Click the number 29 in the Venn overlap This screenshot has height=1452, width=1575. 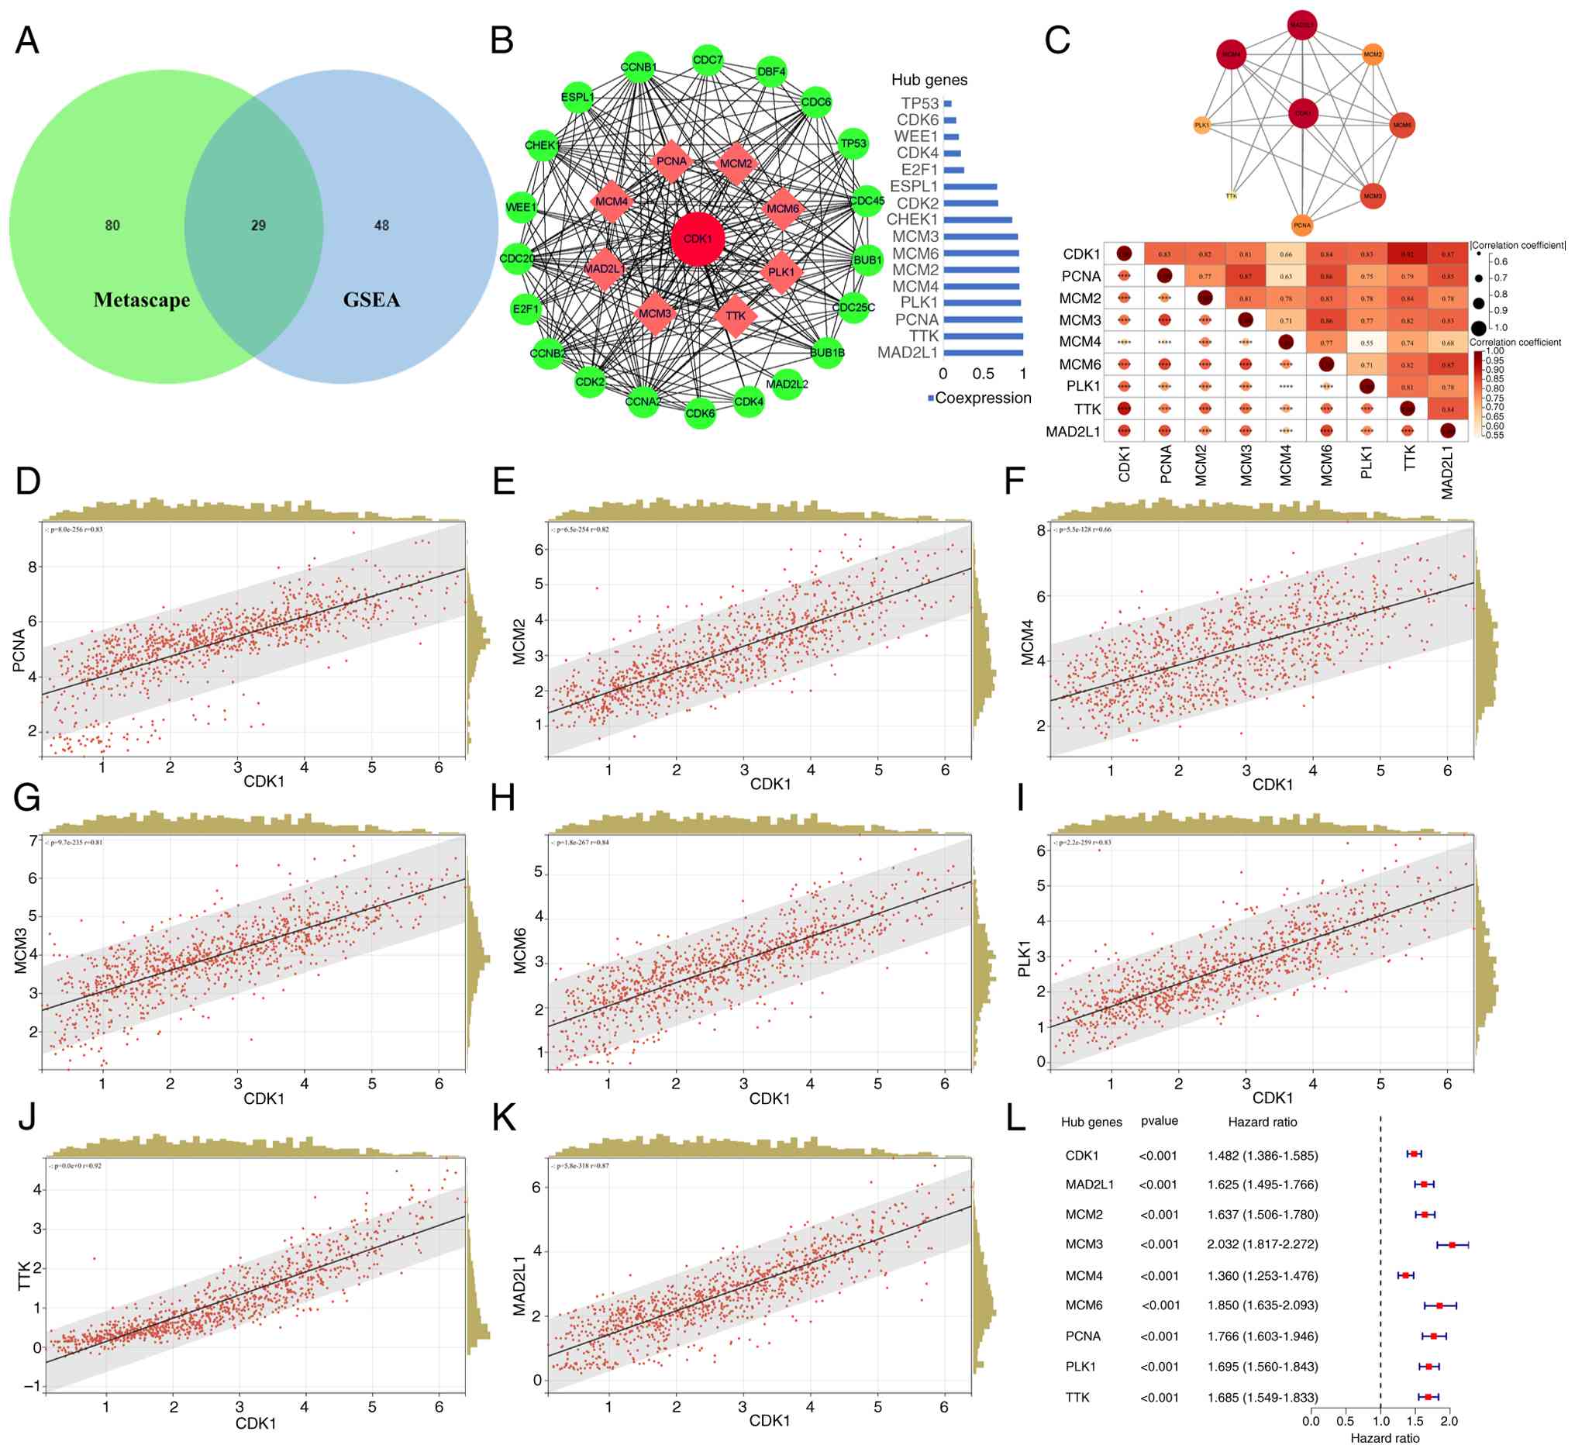[x=258, y=226]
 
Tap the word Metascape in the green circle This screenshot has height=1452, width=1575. [x=141, y=299]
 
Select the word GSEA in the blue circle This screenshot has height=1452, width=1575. [x=371, y=299]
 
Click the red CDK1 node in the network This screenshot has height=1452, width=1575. [x=698, y=239]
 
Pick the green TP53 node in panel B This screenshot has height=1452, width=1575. [x=853, y=143]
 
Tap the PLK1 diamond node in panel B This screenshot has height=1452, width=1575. [x=781, y=272]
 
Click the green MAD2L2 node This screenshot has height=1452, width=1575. [x=786, y=385]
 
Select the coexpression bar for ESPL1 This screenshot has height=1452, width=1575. [x=970, y=187]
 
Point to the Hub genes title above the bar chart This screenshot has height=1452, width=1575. [x=929, y=80]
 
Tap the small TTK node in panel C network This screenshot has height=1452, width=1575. [x=1231, y=195]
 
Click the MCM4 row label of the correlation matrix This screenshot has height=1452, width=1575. [x=1080, y=342]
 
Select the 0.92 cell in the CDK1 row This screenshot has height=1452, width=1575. [x=1408, y=253]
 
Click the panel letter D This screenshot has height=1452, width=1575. [x=28, y=481]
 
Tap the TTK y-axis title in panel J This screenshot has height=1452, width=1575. [x=24, y=1276]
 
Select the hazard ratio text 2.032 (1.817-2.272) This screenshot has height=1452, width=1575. [x=1263, y=1244]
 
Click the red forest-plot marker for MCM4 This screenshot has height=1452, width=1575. [x=1405, y=1275]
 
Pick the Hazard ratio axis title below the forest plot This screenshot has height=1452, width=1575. [x=1385, y=1438]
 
